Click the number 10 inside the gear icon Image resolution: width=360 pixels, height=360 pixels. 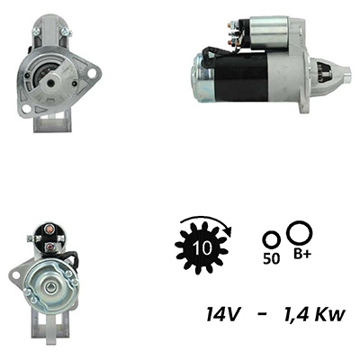click(202, 248)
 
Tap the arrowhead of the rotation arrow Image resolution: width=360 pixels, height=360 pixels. click(229, 231)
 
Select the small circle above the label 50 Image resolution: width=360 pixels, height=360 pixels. click(272, 240)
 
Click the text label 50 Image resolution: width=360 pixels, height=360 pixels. click(272, 259)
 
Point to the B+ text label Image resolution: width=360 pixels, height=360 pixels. click(302, 255)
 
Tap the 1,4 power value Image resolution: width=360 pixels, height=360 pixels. click(296, 314)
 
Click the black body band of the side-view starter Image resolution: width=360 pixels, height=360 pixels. click(240, 78)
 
